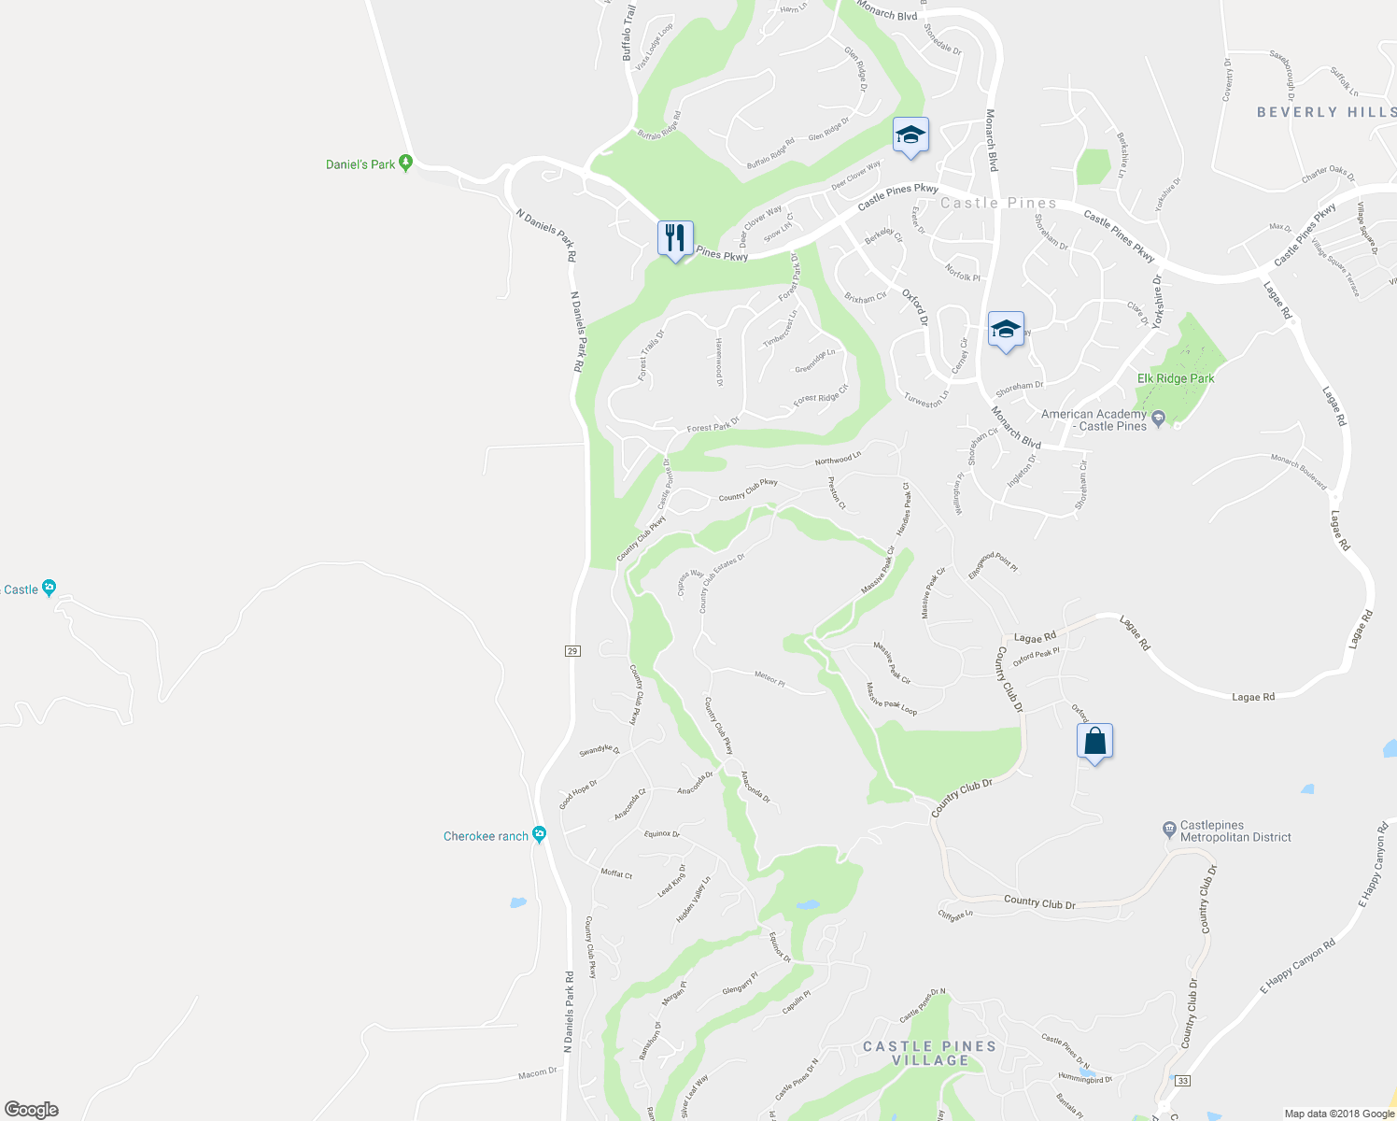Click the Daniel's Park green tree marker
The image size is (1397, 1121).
tap(405, 163)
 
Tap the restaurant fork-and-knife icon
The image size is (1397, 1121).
tap(675, 238)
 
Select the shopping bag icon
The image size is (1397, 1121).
tap(1094, 742)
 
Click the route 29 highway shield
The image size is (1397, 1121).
tap(572, 650)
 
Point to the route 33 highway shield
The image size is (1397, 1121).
tap(1183, 1081)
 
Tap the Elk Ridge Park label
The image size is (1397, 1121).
tap(1176, 378)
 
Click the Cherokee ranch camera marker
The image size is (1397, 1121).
tap(539, 834)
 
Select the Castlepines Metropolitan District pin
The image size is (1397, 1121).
tap(1168, 829)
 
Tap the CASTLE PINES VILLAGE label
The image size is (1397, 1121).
tap(929, 1053)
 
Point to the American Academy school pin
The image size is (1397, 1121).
tap(1159, 418)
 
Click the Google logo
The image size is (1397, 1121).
tap(32, 1109)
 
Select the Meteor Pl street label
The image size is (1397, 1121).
tap(769, 678)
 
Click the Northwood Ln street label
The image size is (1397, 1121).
tap(838, 459)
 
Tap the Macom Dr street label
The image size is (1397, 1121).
tap(538, 1073)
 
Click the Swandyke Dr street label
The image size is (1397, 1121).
tap(600, 749)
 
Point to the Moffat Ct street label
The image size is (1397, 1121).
tap(616, 873)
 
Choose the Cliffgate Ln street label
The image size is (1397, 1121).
tap(955, 915)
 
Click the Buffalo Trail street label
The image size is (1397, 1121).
tap(628, 33)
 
